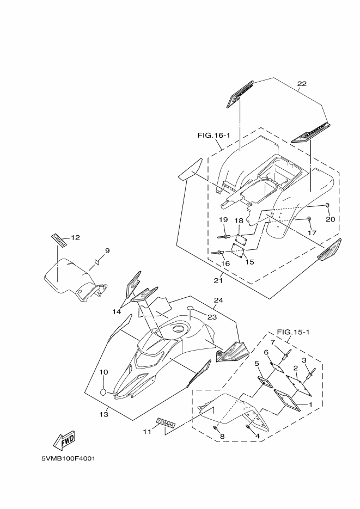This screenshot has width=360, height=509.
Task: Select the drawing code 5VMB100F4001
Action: [69, 458]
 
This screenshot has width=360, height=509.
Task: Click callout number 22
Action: [302, 84]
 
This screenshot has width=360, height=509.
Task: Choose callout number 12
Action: [75, 237]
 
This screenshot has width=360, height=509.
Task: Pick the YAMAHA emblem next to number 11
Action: [166, 422]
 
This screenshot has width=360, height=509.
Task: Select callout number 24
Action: [218, 300]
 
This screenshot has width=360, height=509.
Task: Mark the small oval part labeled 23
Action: [191, 309]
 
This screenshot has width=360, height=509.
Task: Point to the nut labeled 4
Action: [249, 427]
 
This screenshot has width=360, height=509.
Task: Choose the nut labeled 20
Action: [327, 205]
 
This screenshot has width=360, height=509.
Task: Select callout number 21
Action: [218, 281]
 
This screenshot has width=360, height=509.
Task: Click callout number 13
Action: [104, 414]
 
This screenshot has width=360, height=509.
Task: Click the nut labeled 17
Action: [309, 219]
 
